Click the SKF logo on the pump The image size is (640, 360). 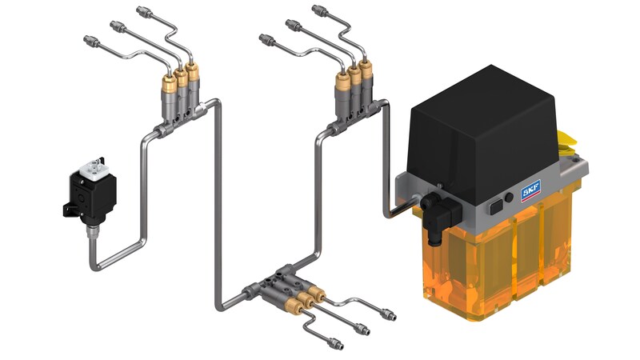coord(531,190)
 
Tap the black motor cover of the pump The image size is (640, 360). coord(480,128)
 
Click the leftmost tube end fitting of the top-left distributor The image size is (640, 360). coord(88,39)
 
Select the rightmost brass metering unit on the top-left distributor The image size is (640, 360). coord(192,81)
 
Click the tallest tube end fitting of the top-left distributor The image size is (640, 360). coord(144,11)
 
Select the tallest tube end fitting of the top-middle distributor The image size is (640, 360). coord(318,10)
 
